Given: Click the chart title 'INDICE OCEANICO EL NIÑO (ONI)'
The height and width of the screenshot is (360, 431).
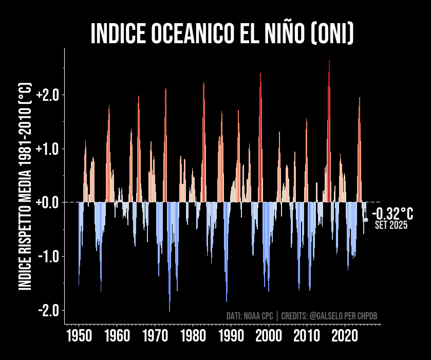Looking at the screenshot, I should (222, 34).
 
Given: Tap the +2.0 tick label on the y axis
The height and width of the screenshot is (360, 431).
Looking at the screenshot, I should (48, 95).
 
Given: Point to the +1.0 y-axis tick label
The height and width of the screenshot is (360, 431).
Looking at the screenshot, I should (48, 149).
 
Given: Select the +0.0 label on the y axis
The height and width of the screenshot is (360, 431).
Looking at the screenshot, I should (48, 203).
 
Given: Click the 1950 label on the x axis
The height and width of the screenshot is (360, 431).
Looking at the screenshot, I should (79, 337).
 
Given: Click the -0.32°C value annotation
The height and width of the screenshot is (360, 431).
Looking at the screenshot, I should (392, 213).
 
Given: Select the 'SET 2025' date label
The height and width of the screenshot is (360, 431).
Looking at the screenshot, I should (391, 225).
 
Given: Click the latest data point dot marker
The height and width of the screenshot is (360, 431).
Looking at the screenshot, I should (366, 220).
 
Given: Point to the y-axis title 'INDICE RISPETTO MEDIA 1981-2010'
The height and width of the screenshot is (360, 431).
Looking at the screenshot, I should (25, 187).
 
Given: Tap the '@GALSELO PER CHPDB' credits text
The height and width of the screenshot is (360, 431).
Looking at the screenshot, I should (343, 315).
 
